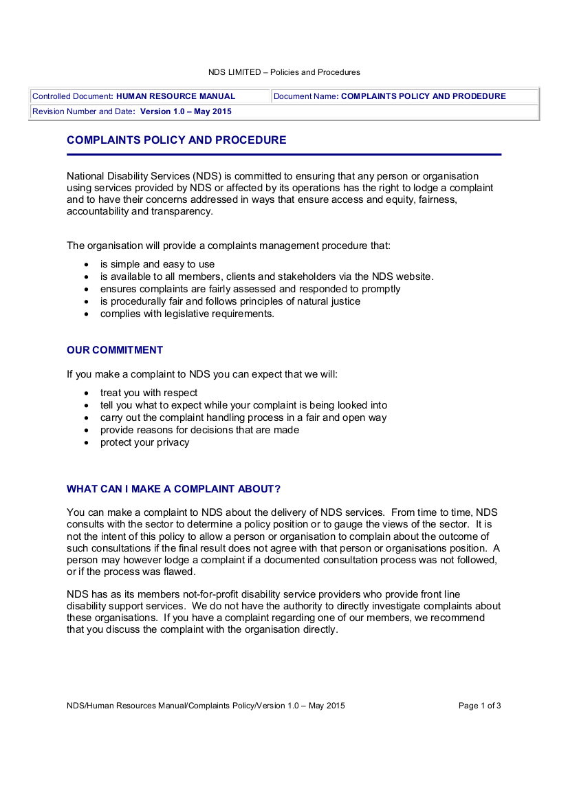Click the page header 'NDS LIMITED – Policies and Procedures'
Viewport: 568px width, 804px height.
[284, 72]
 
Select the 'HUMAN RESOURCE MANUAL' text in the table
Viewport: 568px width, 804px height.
[176, 96]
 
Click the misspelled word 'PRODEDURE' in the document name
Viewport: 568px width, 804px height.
[474, 96]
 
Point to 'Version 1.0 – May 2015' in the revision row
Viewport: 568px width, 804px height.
[186, 111]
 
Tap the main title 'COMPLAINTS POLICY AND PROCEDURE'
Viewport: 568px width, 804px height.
[176, 140]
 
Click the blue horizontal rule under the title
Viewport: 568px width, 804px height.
[284, 155]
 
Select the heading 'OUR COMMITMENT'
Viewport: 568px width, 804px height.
[115, 350]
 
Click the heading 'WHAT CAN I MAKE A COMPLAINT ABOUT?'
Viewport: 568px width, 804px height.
[173, 489]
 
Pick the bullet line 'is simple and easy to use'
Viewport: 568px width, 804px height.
[157, 264]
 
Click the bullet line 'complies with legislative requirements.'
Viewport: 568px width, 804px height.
[187, 314]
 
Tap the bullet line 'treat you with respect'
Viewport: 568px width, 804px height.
[149, 393]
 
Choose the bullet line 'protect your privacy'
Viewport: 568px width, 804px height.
[144, 442]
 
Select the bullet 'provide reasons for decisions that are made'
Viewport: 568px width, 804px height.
[199, 430]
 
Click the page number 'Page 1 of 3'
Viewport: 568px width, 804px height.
[479, 706]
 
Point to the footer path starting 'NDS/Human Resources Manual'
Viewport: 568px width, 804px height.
[206, 706]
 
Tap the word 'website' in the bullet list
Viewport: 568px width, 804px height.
[413, 276]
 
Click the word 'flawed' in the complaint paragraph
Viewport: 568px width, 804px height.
[177, 572]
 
